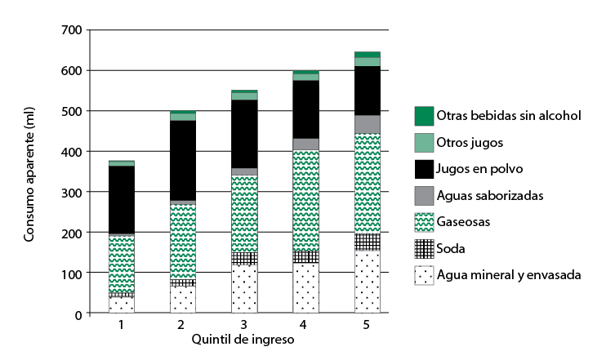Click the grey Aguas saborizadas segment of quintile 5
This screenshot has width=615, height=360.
coord(367,124)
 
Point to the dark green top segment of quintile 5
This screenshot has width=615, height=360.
coord(367,55)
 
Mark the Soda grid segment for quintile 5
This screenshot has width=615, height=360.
coord(367,242)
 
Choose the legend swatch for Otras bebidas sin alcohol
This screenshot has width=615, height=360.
coord(424,116)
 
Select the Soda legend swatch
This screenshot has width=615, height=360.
coord(424,248)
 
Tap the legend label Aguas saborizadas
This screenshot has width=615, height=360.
coord(488,195)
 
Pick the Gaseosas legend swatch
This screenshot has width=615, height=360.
coord(424,222)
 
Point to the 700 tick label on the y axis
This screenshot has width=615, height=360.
coord(72,30)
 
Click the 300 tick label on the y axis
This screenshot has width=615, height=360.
coord(72,193)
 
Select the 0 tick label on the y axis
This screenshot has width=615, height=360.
coord(78,314)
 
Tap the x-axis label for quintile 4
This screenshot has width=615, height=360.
coord(305,325)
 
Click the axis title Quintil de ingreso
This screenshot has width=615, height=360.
coord(243,340)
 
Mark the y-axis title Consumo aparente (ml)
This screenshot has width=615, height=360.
coord(29,171)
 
